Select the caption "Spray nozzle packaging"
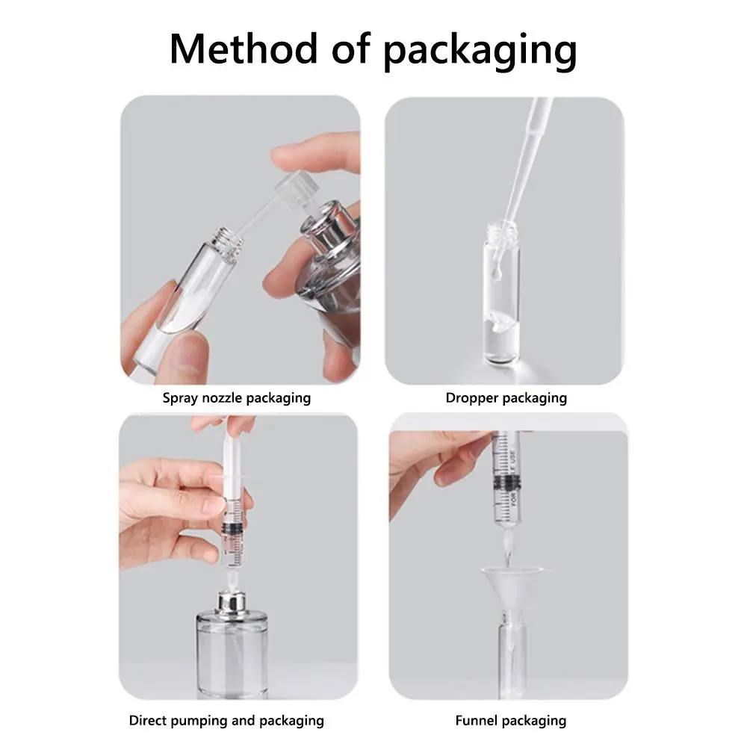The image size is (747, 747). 236,397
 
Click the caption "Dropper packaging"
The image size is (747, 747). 506,397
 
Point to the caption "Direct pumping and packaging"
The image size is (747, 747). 226,721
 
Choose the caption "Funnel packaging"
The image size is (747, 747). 511,721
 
